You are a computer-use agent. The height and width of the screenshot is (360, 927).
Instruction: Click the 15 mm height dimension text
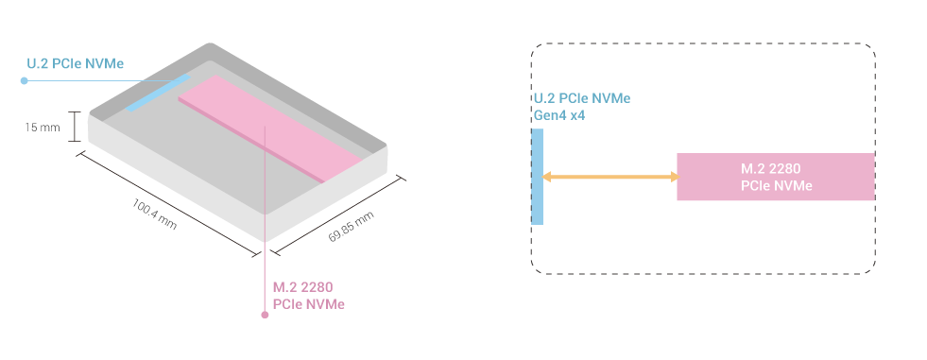point(43,126)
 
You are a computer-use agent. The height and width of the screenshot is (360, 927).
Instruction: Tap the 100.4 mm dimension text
point(154,214)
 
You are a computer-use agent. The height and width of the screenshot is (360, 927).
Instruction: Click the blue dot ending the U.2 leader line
point(24,81)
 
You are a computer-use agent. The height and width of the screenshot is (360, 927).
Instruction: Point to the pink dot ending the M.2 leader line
point(265,316)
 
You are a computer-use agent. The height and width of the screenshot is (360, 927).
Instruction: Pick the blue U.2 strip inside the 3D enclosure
point(158,94)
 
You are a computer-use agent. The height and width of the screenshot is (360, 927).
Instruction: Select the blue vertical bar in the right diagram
point(538,177)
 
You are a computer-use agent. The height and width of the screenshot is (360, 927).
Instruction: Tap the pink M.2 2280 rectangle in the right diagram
point(775,177)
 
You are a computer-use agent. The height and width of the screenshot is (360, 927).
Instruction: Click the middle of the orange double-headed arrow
point(609,177)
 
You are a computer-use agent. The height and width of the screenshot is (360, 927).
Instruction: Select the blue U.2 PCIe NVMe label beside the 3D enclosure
point(76,64)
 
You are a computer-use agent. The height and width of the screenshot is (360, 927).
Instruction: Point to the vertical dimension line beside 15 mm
point(73,127)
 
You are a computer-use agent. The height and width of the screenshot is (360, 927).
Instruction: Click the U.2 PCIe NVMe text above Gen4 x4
point(581,99)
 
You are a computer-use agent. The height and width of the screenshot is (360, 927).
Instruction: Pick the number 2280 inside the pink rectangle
point(784,168)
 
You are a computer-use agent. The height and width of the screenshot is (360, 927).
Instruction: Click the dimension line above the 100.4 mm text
point(165,198)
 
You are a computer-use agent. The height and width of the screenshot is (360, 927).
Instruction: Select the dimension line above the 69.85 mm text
point(335,214)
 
